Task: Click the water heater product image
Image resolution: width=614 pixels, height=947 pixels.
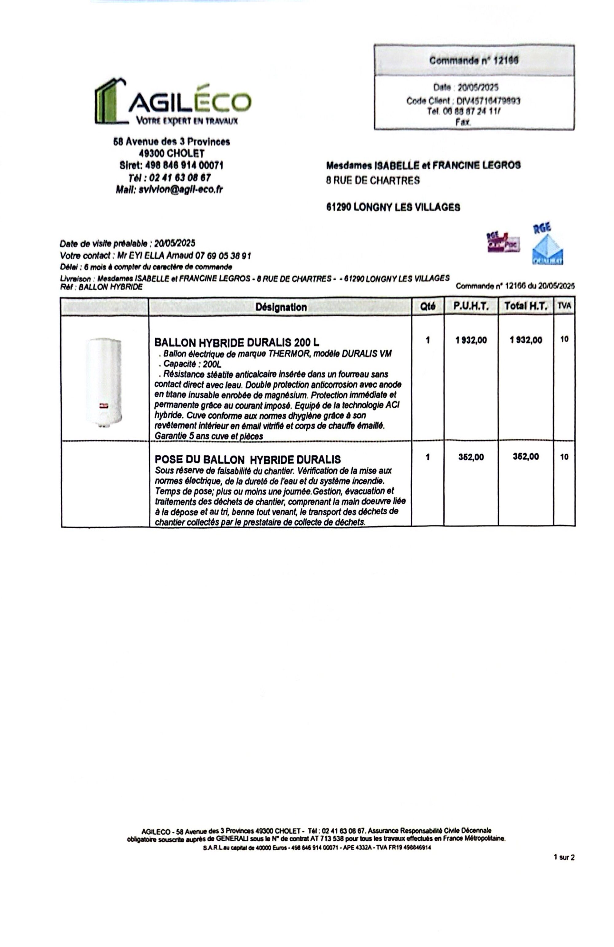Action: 103,378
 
